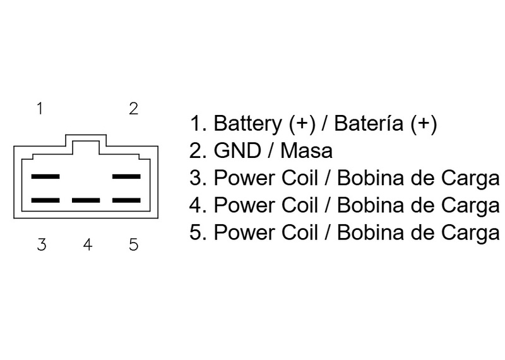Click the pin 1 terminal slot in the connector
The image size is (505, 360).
click(45, 176)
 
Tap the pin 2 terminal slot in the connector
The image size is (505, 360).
click(126, 176)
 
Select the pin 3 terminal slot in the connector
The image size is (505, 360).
click(45, 201)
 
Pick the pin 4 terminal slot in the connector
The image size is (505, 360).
click(86, 201)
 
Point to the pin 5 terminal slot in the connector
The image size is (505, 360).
click(126, 201)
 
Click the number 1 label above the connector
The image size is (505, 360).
click(40, 109)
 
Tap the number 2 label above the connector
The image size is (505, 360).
click(133, 109)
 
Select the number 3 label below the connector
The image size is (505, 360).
click(41, 244)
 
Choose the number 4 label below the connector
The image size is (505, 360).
click(87, 244)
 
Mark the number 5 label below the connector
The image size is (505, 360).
click(133, 244)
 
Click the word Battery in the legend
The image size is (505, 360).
click(249, 124)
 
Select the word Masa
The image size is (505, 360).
click(308, 152)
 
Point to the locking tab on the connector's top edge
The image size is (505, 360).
click(86, 140)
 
